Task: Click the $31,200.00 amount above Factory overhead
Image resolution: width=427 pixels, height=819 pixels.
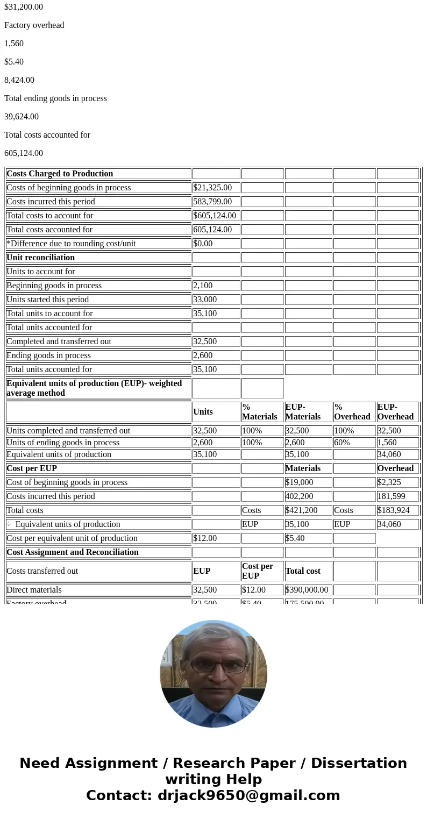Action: click(x=24, y=7)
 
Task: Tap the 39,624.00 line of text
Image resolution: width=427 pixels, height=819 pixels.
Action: click(x=22, y=117)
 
